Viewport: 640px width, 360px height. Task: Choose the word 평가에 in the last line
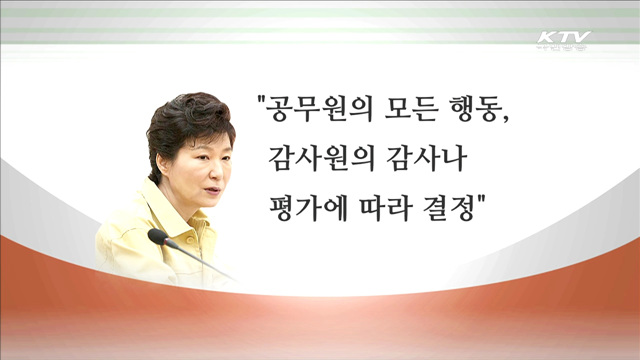coord(307,213)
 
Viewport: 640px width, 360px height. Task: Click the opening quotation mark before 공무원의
coord(262,97)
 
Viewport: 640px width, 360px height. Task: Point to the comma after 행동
coord(505,117)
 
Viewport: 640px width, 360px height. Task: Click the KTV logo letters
coord(562,38)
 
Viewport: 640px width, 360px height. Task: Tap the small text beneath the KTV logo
coord(562,52)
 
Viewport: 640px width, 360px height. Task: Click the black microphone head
coord(157,237)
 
